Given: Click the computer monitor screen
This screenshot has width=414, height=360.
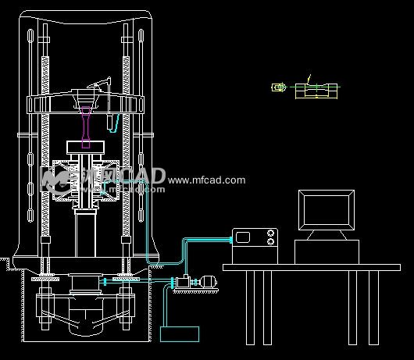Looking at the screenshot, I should coord(327,210).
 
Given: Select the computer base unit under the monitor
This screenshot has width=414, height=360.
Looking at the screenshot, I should coord(327,251).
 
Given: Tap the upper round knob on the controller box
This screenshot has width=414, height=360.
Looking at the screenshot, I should coord(271,233).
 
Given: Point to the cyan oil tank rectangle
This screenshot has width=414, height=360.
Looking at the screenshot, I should coord(180,333).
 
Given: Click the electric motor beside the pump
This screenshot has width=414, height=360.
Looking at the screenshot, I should coord(208,283).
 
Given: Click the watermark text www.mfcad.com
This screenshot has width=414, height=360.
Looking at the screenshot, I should coord(206,180).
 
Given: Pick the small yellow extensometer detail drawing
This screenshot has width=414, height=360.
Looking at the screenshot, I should coord(277,87).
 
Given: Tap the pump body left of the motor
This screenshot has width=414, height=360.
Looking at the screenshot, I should coord(183,282).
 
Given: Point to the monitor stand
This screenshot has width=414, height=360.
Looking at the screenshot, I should coord(327,235).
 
